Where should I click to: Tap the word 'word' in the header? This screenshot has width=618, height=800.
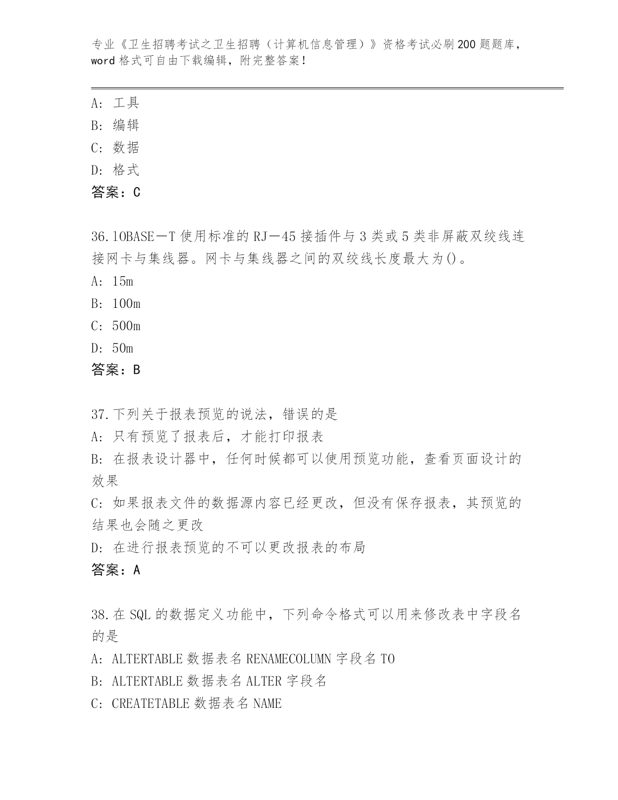[x=103, y=61]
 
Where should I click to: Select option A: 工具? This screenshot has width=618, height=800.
[x=115, y=103]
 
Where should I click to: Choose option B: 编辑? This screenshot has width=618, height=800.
[x=115, y=125]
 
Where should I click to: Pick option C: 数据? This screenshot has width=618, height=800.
[x=115, y=147]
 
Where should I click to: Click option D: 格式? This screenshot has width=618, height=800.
[x=115, y=170]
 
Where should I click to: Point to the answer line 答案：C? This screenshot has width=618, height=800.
[x=116, y=192]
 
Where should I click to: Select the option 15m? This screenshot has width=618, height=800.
[x=122, y=281]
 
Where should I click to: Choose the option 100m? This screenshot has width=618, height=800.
[x=126, y=304]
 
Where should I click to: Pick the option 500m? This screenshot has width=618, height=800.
[x=126, y=326]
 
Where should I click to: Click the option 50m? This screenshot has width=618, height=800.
[x=122, y=348]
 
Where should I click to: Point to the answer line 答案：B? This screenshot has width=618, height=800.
[x=116, y=370]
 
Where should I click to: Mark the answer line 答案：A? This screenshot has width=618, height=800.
[x=116, y=570]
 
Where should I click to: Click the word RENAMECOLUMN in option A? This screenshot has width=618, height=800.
[x=289, y=659]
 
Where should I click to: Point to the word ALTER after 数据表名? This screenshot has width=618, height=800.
[x=264, y=681]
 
